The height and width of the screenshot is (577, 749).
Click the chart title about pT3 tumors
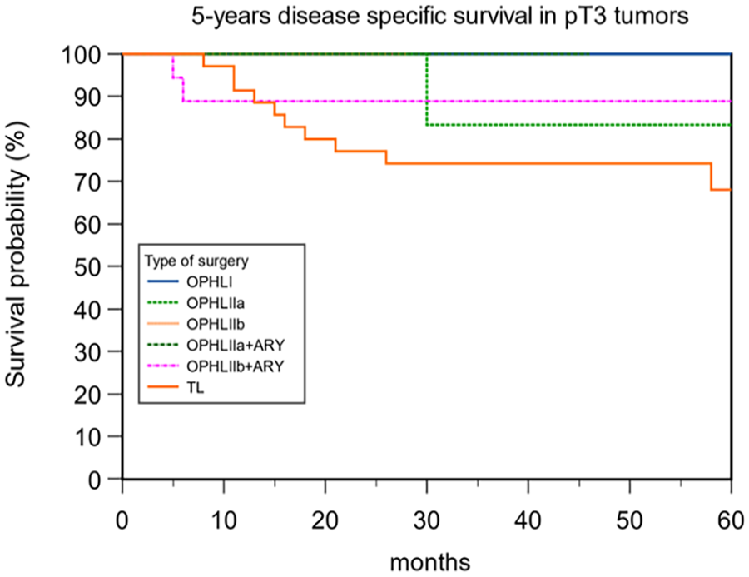click(440, 17)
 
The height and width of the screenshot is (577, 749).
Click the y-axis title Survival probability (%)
click(16, 253)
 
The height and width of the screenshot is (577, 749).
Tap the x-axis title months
click(430, 562)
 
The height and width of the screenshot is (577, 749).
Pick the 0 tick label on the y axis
click(107, 480)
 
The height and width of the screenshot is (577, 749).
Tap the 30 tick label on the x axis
click(427, 520)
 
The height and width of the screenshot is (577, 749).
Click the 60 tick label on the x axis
click(731, 520)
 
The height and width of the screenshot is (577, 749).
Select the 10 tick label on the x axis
click(224, 520)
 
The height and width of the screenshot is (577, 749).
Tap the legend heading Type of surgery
click(196, 261)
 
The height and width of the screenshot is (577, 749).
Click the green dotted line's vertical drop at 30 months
click(427, 89)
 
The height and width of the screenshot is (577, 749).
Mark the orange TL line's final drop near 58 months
click(711, 177)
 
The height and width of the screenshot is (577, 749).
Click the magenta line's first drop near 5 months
click(172, 66)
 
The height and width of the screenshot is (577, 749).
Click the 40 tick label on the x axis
click(528, 520)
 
